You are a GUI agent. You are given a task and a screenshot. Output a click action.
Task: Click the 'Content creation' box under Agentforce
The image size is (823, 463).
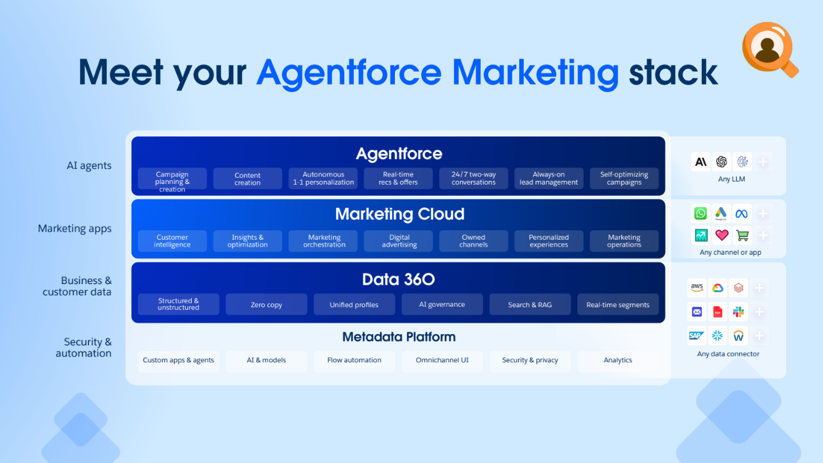pos(247,179)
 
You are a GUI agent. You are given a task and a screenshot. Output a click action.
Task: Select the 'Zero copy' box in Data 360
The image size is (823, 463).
pos(266,305)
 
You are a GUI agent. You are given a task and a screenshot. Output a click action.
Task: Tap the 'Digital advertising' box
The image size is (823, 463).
pos(399,241)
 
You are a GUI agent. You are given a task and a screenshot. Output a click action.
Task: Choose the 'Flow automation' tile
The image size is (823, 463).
pos(354,360)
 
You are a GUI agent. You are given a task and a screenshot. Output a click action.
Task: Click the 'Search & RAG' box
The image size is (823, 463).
pos(530,305)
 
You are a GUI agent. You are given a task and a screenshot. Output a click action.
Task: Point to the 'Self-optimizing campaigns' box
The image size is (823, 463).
pos(624,178)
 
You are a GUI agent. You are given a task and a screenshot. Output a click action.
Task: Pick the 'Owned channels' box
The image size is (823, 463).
pos(473,241)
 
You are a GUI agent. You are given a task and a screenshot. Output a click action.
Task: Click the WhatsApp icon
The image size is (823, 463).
pos(701,213)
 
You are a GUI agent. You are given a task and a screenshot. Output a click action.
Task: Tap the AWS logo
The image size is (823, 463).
pos(697,288)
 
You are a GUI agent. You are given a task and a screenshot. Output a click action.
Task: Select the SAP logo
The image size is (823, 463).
pos(697,335)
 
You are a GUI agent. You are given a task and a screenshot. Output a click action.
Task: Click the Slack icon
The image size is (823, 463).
pos(738,312)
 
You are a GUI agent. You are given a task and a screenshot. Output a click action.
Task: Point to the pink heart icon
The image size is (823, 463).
pos(722,235)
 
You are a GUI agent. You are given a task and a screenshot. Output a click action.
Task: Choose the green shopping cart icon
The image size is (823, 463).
pos(742,235)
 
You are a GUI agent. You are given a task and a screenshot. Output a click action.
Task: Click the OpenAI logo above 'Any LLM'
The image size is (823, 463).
pos(721,162)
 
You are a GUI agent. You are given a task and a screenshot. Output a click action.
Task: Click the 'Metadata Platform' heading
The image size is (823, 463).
pos(399,337)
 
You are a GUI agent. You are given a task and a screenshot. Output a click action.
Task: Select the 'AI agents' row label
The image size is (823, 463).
pos(89,165)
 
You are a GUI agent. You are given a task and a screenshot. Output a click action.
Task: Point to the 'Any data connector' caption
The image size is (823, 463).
pos(728,354)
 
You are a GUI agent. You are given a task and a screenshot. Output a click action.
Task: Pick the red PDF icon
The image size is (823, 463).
pos(717,312)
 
